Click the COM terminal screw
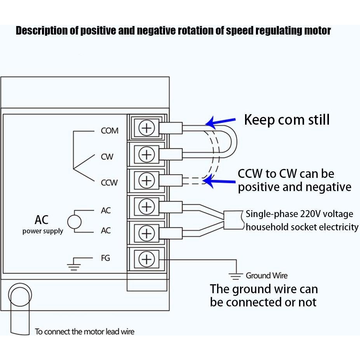(147, 128)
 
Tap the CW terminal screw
(147, 155)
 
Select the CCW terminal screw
(147, 180)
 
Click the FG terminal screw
(147, 259)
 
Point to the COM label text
(110, 131)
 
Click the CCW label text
(109, 183)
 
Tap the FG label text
(106, 258)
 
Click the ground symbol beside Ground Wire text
(235, 276)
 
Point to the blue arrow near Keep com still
(220, 122)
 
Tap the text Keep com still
(287, 120)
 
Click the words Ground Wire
(266, 276)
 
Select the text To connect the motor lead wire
(85, 332)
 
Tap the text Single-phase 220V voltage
(299, 214)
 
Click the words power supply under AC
(43, 231)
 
